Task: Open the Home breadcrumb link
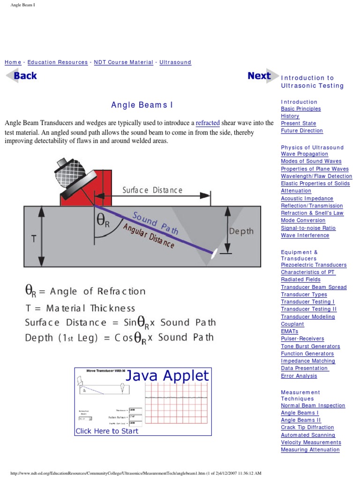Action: coord(13,62)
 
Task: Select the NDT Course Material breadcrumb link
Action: coord(123,62)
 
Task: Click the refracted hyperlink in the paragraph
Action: coord(208,123)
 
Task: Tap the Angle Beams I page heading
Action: coord(138,105)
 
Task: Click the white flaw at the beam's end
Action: coord(214,254)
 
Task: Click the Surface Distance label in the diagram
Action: coord(152,190)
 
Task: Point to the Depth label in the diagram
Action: coord(241,231)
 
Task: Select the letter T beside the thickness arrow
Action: coord(34,239)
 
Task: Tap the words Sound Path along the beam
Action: coord(155,223)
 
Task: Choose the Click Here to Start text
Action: coord(107,431)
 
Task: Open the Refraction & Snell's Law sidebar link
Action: coord(312,213)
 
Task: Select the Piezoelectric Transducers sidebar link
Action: coord(314,265)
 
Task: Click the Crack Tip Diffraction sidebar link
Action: coord(307,427)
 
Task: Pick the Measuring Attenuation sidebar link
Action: coord(310,450)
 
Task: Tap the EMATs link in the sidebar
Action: coord(289,331)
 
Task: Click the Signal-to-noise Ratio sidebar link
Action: coord(308,228)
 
